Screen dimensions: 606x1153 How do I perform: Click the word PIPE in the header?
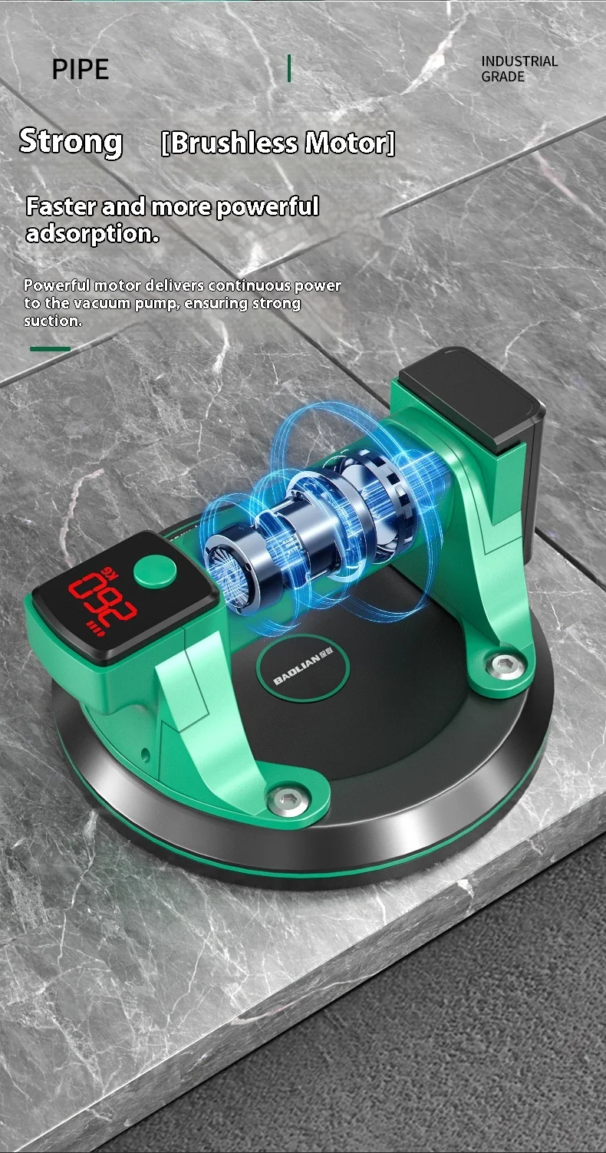[x=81, y=69]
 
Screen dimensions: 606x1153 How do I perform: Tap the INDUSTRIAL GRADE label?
[x=519, y=69]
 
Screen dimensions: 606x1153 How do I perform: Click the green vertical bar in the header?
[x=289, y=68]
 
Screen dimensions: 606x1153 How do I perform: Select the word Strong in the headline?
[x=71, y=142]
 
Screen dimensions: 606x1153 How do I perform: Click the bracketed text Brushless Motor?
[x=278, y=143]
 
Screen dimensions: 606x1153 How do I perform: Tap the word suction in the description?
[x=52, y=321]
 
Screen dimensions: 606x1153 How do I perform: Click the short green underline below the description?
[x=50, y=349]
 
